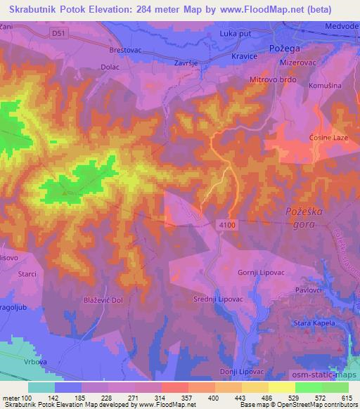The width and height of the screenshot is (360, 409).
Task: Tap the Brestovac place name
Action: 126,51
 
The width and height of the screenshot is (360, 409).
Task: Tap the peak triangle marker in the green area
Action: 65,191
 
